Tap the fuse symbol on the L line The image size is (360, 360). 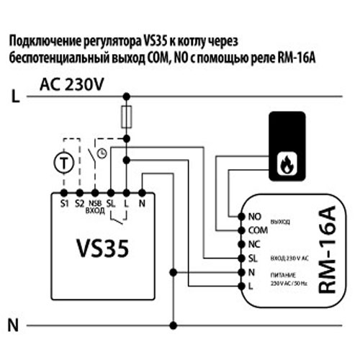point(127,115)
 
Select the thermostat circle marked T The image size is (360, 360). point(66,163)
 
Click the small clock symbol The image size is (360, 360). point(102,153)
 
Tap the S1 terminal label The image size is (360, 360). point(63,204)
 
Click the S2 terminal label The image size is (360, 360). point(79,204)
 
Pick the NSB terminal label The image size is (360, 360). point(94,202)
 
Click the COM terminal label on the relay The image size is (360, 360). point(256,230)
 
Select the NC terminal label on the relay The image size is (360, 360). point(253,243)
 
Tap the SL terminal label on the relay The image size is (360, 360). point(252,258)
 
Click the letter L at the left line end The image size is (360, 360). point(14,94)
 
